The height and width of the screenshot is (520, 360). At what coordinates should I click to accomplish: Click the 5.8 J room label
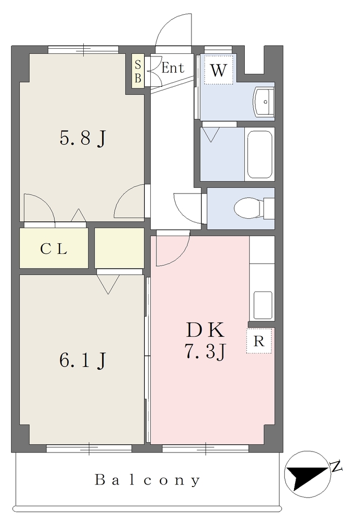coord(83,138)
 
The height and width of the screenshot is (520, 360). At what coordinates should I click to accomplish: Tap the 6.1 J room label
coord(83,360)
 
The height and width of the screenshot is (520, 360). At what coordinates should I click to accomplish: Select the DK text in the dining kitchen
coord(205,330)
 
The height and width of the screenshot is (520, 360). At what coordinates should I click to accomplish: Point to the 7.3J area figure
coord(205,351)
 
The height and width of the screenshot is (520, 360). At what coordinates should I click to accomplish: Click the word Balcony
coord(148,480)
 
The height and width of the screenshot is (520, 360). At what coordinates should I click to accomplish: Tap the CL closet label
coord(54,249)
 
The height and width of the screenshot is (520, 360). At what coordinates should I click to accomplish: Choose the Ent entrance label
coord(173,68)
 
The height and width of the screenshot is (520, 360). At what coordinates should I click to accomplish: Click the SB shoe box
coord(138,71)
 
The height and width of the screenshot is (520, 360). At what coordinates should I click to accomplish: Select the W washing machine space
coord(218,69)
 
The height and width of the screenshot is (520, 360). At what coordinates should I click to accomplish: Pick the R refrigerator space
coord(259,341)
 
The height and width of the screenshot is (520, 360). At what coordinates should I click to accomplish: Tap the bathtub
coord(260,154)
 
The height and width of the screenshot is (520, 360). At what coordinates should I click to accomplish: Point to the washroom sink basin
coord(264,102)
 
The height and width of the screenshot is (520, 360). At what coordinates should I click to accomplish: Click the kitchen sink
coord(263,305)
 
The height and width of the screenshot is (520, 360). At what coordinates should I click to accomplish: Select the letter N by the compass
coord(337,467)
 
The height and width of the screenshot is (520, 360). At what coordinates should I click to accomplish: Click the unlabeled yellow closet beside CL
coord(119,248)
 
